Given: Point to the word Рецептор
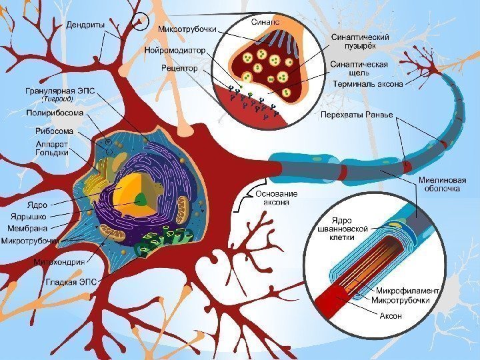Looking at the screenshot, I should (x=179, y=67).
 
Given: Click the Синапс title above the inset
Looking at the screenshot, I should (x=265, y=22).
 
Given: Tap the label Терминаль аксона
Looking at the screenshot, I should (x=367, y=84).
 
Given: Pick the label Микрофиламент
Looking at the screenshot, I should (x=407, y=291).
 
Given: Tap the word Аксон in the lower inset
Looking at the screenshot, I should (x=391, y=315).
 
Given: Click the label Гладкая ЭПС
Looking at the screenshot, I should (x=71, y=281).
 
